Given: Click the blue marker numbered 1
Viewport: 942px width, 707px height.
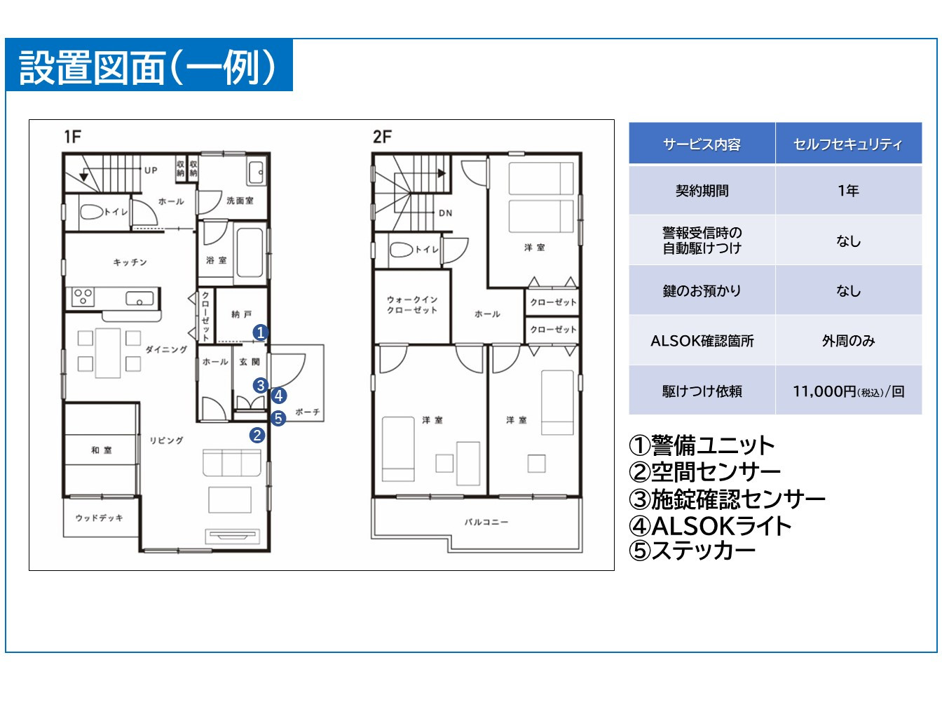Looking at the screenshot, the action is pyautogui.click(x=261, y=332).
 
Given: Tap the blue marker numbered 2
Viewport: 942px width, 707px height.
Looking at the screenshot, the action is pyautogui.click(x=257, y=436).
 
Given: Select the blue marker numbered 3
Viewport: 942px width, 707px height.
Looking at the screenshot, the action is pyautogui.click(x=261, y=385).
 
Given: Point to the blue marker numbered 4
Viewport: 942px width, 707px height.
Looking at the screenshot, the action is pyautogui.click(x=279, y=396).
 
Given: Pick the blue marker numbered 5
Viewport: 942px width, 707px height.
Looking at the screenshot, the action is pyautogui.click(x=278, y=417).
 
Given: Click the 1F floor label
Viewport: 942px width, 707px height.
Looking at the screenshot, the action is pyautogui.click(x=72, y=137).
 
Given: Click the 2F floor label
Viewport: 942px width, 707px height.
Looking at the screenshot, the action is pyautogui.click(x=382, y=137).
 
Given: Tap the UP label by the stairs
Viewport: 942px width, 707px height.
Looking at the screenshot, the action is pyautogui.click(x=151, y=170).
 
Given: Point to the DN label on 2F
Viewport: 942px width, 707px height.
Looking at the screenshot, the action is pyautogui.click(x=446, y=213).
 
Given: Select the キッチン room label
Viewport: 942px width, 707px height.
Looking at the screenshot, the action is pyautogui.click(x=130, y=262).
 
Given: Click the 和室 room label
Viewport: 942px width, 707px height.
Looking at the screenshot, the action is pyautogui.click(x=102, y=450).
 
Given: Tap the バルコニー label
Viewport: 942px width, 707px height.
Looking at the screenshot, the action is pyautogui.click(x=486, y=522).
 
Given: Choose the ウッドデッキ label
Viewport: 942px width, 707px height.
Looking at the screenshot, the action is pyautogui.click(x=99, y=518).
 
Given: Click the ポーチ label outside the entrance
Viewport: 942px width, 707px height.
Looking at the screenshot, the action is pyautogui.click(x=308, y=412).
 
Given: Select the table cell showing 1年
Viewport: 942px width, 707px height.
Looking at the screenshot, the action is pyautogui.click(x=849, y=190).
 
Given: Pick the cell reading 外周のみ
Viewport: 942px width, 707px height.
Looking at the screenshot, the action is pyautogui.click(x=849, y=341).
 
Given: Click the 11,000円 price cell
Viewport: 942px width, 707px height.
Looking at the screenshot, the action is pyautogui.click(x=849, y=391).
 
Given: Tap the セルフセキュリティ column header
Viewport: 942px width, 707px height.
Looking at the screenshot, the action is pyautogui.click(x=849, y=143).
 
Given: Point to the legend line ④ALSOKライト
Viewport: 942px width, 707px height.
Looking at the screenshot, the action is pyautogui.click(x=710, y=525).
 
